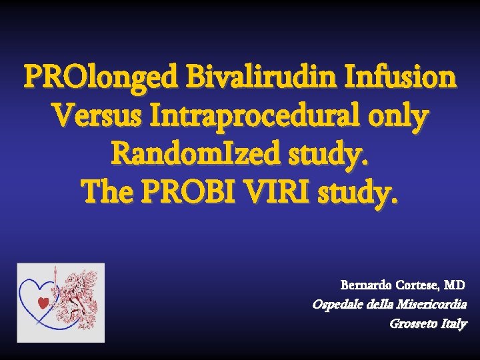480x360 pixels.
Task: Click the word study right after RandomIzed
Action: pos(327,157)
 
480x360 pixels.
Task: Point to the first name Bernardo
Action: pos(363,285)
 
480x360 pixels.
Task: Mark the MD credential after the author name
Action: pos(454,285)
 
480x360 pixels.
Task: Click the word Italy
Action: pos(453,324)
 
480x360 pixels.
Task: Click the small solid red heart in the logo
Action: pos(43,303)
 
